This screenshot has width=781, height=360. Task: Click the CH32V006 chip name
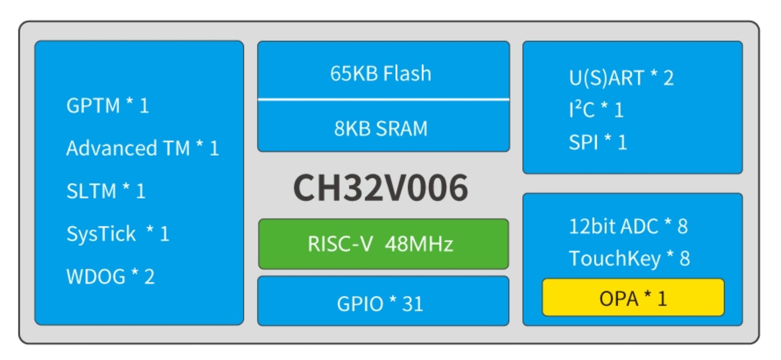(x=380, y=188)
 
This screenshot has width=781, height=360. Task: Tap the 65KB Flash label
(x=381, y=73)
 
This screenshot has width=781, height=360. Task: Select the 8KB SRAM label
(x=381, y=128)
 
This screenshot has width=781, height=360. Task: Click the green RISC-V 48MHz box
(x=383, y=244)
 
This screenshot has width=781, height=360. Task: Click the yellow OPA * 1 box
(x=633, y=298)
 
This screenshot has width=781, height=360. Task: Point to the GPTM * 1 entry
(x=108, y=105)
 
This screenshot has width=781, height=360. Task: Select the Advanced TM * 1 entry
(x=143, y=148)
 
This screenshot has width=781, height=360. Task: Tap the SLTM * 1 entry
(x=106, y=191)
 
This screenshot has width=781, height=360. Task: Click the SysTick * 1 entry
(x=118, y=233)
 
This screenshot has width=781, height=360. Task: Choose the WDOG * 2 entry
(x=111, y=276)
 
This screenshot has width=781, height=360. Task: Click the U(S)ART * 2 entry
(x=621, y=78)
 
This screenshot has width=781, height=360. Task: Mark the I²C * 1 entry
(x=596, y=110)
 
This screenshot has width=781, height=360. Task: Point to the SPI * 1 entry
(x=597, y=142)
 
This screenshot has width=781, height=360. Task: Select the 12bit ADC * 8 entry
(x=628, y=226)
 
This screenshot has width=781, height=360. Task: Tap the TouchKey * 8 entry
(x=629, y=258)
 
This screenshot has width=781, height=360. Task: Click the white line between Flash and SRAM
(x=383, y=100)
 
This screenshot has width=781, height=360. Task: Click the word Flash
(x=407, y=73)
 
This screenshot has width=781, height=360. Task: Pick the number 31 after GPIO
(x=412, y=304)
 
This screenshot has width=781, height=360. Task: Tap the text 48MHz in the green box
(x=419, y=244)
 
